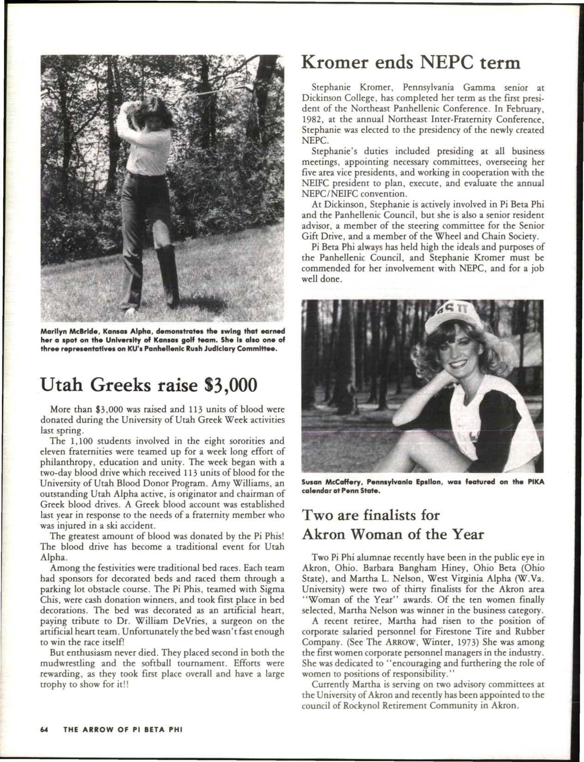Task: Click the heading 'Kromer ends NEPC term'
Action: coord(411,61)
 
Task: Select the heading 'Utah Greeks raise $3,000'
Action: coord(148,384)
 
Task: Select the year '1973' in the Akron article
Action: coord(479,642)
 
